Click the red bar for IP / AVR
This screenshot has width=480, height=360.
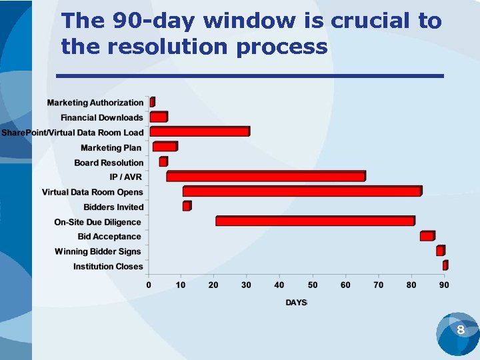tap(265, 177)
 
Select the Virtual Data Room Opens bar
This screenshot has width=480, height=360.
tap(302, 191)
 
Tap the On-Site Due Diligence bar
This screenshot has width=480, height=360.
tap(315, 221)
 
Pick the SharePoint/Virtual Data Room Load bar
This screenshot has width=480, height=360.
tap(199, 132)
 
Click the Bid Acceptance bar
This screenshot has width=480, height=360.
tap(427, 236)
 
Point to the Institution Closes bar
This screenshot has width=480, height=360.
tap(445, 266)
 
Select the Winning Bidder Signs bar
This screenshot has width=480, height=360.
tap(440, 251)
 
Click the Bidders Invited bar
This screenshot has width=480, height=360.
tap(187, 207)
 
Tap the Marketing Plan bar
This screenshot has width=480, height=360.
tap(165, 147)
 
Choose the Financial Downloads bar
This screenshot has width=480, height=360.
tap(159, 117)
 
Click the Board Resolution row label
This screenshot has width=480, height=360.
tap(109, 163)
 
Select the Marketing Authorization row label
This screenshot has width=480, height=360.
tap(95, 103)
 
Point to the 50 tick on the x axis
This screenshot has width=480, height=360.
tap(312, 285)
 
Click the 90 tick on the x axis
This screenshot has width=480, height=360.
tap(443, 285)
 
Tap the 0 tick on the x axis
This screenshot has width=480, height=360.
tap(149, 285)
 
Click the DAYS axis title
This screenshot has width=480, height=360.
tap(296, 303)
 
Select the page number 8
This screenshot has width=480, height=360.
tap(460, 331)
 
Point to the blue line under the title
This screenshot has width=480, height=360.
tap(250, 76)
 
